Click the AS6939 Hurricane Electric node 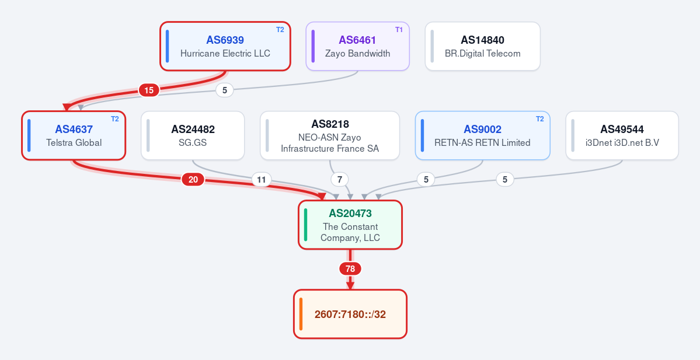click(x=225, y=47)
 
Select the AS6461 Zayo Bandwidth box click(x=357, y=47)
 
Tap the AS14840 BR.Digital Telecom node click(x=483, y=47)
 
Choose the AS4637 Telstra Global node click(x=74, y=135)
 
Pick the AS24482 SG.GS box click(x=193, y=135)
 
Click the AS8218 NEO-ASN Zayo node click(x=330, y=135)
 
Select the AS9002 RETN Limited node click(x=483, y=135)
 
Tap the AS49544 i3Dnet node click(x=622, y=135)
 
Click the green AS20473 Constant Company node click(x=350, y=225)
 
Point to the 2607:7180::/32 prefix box click(x=350, y=314)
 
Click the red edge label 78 click(x=350, y=269)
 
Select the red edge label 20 click(x=193, y=180)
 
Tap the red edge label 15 click(x=149, y=90)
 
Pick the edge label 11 click(x=262, y=180)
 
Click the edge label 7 click(x=340, y=180)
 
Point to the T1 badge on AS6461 click(x=399, y=30)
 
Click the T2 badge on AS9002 click(x=539, y=119)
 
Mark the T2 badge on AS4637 click(x=115, y=119)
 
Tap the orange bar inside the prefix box click(x=301, y=314)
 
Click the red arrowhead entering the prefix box click(x=350, y=285)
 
